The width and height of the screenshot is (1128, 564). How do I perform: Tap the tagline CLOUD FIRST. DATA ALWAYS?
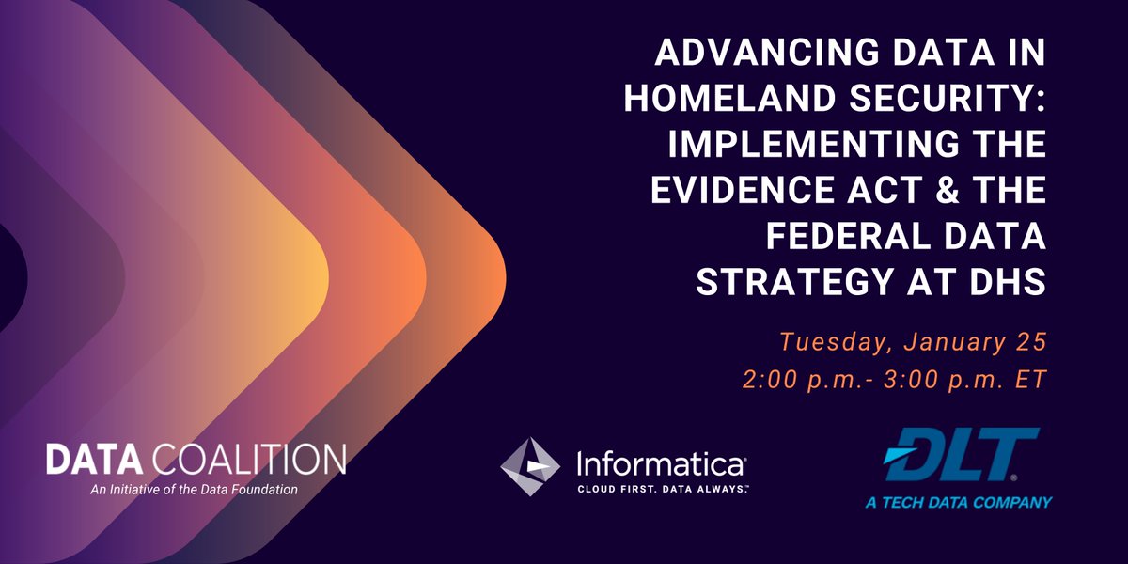coord(662,489)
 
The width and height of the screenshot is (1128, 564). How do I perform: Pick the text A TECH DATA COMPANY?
coord(958,503)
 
